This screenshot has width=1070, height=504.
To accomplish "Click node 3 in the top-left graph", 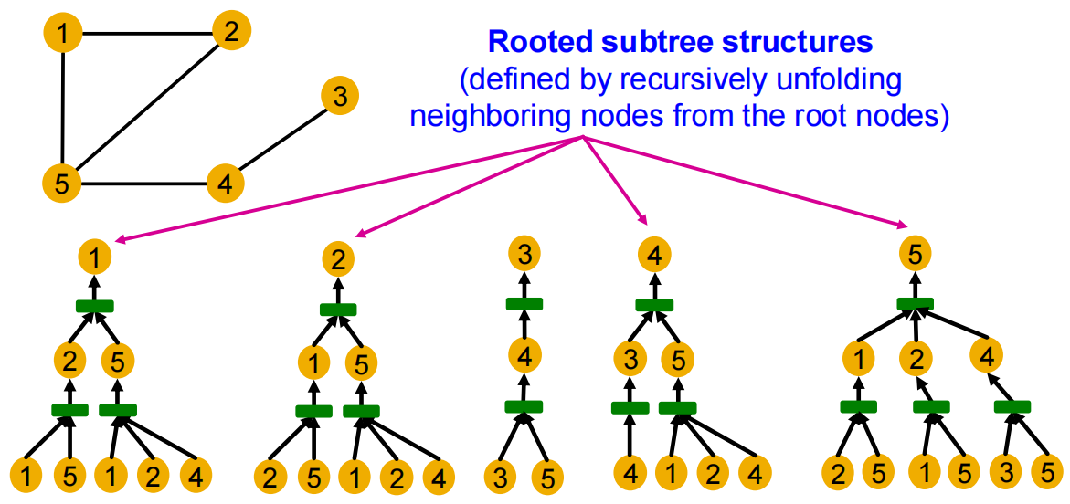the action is point(340,98).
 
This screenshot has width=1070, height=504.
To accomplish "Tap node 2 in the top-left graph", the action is point(231,32).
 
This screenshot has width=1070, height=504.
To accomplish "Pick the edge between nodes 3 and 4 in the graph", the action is point(281,142).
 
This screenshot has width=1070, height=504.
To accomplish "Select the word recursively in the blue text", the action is point(686,81).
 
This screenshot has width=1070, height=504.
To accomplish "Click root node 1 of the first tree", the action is point(96,257).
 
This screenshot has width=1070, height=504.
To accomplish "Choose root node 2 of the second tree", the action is point(339,257).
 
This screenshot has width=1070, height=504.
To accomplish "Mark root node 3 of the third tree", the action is point(524,255).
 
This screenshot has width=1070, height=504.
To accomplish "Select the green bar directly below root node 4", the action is point(653,304).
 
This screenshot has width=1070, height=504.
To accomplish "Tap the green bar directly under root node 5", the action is point(916,304).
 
